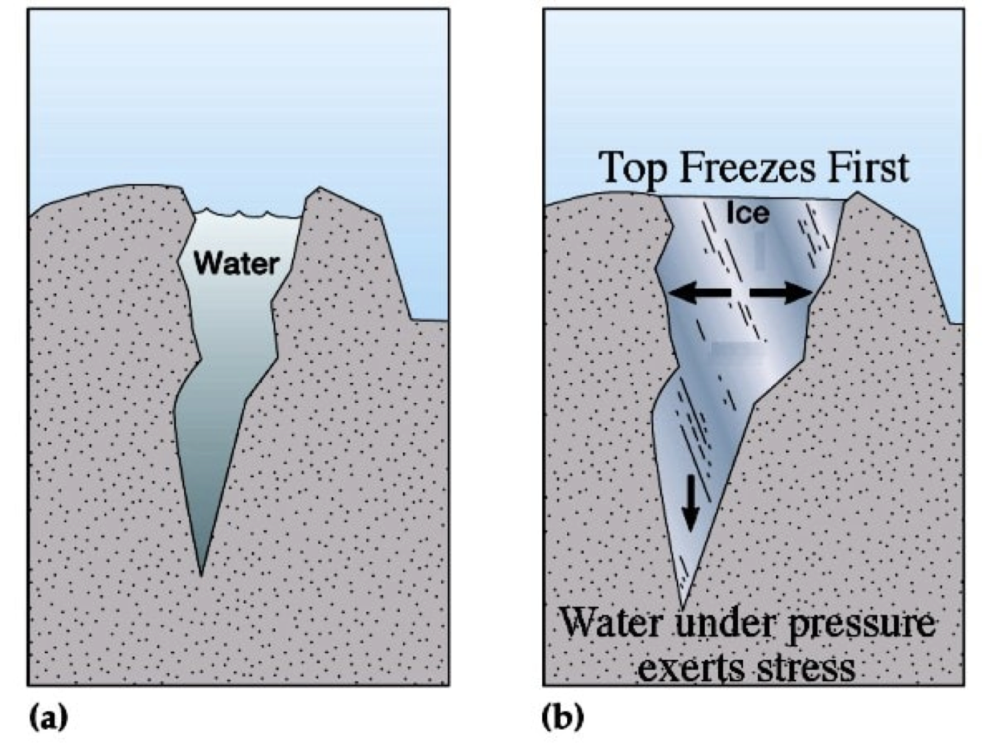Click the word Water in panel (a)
coord(236,263)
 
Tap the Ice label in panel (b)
coord(748,213)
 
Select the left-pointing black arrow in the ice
coord(699,293)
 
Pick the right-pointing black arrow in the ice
coord(781,293)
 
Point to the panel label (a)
coord(48,717)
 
